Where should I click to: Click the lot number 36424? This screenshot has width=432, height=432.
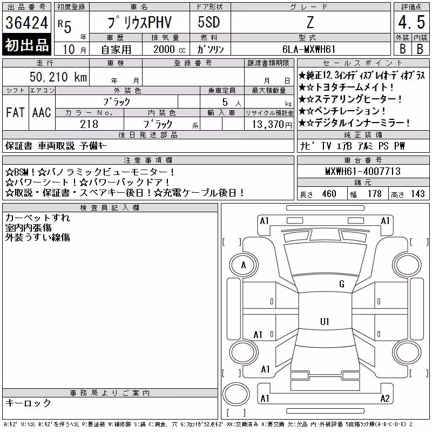pyautogui.click(x=26, y=23)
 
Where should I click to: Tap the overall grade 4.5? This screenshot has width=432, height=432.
pyautogui.click(x=411, y=22)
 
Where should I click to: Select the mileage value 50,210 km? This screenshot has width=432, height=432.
pyautogui.click(x=58, y=77)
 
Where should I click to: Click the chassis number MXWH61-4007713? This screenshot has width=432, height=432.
pyautogui.click(x=363, y=171)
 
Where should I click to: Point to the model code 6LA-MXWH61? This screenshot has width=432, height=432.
pyautogui.click(x=309, y=49)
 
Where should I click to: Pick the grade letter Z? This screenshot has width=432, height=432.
pyautogui.click(x=310, y=22)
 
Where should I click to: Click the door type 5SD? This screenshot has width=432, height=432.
pyautogui.click(x=209, y=22)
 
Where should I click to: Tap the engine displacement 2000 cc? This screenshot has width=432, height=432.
pyautogui.click(x=170, y=49)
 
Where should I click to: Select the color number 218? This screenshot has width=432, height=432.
pyautogui.click(x=89, y=124)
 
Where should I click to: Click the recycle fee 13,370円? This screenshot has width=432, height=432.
pyautogui.click(x=272, y=125)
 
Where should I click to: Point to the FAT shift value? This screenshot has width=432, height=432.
pyautogui.click(x=15, y=112)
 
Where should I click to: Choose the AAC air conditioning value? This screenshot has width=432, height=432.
pyautogui.click(x=42, y=112)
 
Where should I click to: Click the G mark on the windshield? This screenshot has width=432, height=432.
pyautogui.click(x=342, y=284)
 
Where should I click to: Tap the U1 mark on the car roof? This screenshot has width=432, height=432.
pyautogui.click(x=325, y=321)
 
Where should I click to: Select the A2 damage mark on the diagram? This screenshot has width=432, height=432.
pyautogui.click(x=385, y=399)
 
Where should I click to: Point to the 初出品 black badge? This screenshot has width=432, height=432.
pyautogui.click(x=26, y=45)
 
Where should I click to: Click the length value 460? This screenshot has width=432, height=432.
pyautogui.click(x=329, y=194)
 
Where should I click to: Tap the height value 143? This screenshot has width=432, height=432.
pyautogui.click(x=417, y=194)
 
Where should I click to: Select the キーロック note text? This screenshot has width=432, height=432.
pyautogui.click(x=28, y=403)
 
